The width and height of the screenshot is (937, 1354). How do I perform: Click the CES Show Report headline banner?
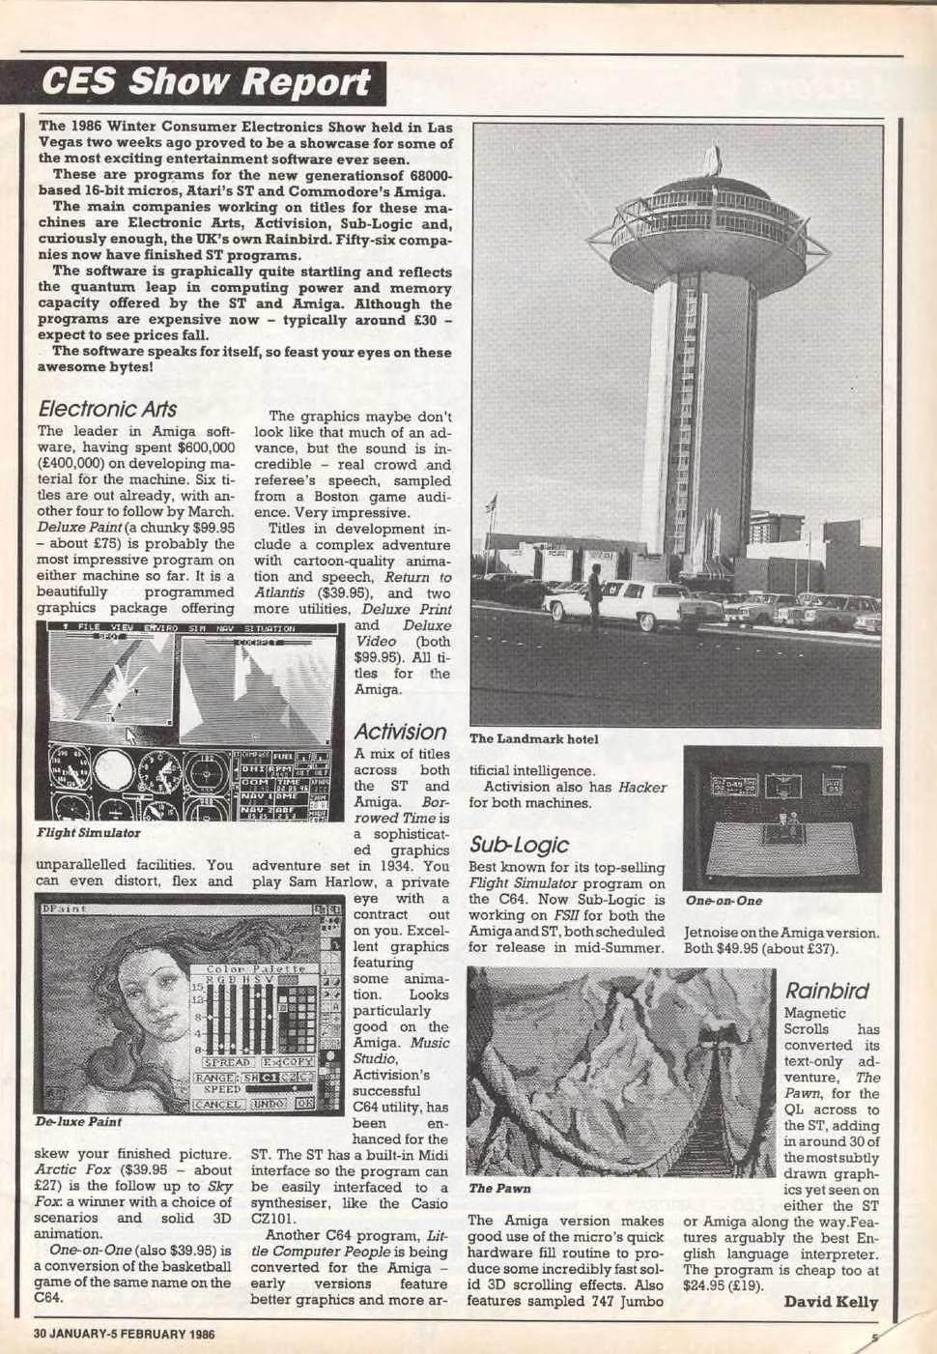click(x=205, y=83)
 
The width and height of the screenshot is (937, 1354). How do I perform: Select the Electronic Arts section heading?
click(x=107, y=409)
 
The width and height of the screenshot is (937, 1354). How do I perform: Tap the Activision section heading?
click(x=400, y=732)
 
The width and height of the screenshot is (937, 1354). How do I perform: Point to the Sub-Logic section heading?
click(x=519, y=845)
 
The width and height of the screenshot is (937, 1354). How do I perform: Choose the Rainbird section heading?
click(x=826, y=991)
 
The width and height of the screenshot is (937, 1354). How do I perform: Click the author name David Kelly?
click(x=831, y=1302)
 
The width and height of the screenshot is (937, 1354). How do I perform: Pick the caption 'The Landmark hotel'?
click(x=533, y=739)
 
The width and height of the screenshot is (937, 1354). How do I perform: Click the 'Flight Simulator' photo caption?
click(x=88, y=833)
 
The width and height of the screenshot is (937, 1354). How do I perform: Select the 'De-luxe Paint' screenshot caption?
click(x=78, y=1122)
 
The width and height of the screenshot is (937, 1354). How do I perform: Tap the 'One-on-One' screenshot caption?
click(x=724, y=901)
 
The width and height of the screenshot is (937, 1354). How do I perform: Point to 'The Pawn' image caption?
click(x=499, y=1188)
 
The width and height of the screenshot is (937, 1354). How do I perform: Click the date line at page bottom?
click(x=125, y=1334)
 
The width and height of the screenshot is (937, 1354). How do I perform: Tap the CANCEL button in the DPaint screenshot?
click(x=219, y=1104)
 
